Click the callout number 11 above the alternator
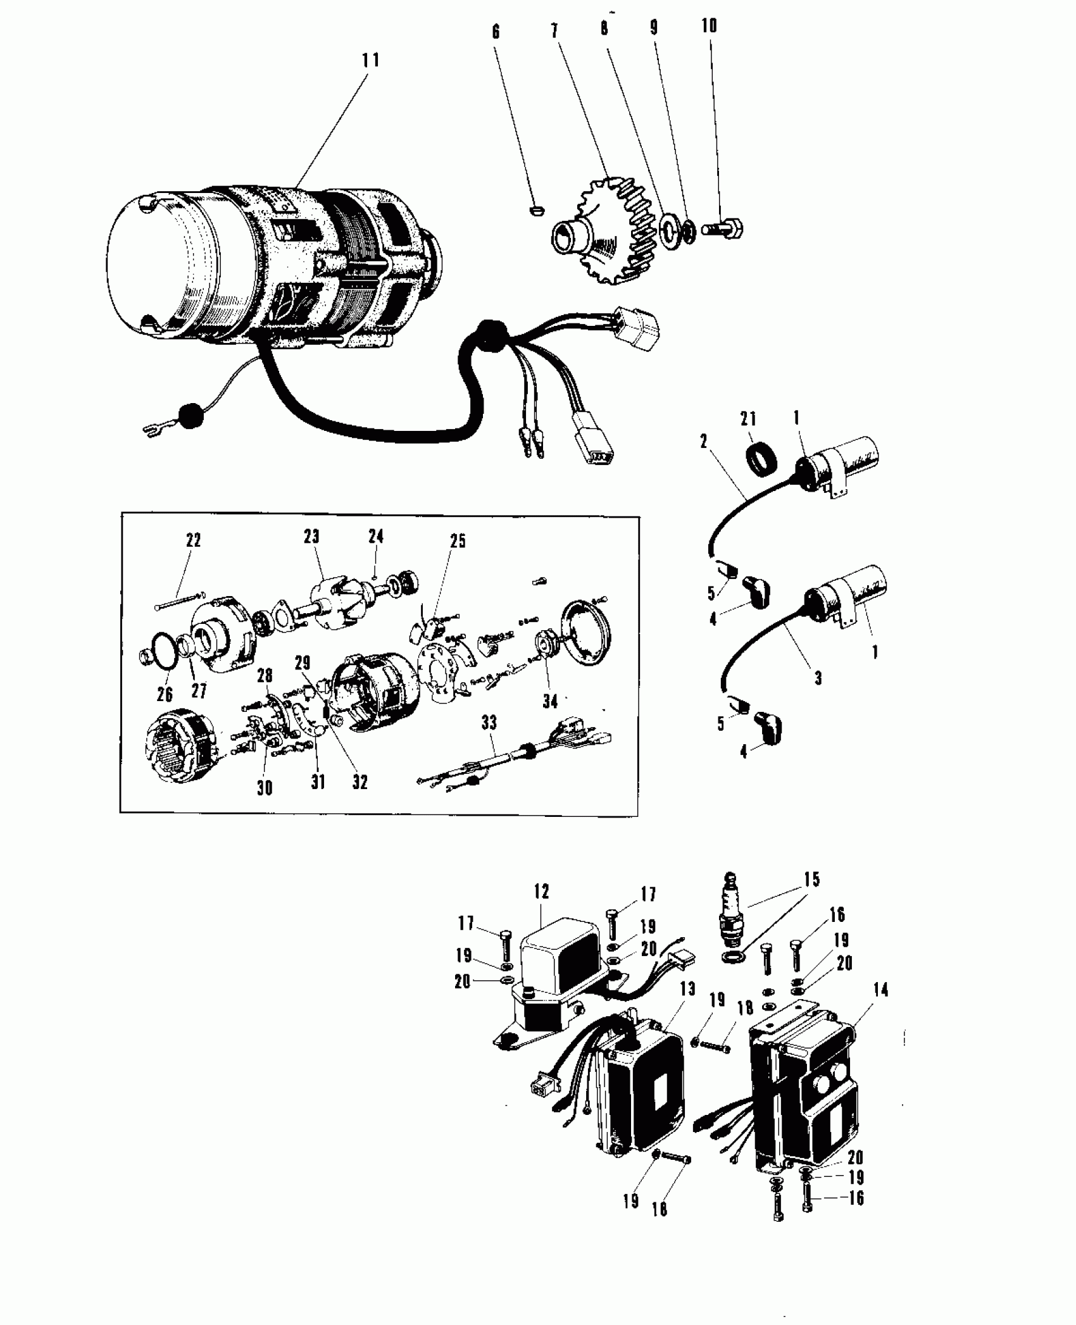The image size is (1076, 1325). pos(370,60)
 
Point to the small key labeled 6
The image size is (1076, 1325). pos(535,210)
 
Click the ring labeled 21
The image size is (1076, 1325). pos(765,457)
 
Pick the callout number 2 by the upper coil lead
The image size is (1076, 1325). pos(704,442)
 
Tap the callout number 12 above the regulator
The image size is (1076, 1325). pos(541,892)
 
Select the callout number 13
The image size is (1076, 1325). pos(687,989)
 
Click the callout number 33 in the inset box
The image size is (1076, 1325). pos(489,722)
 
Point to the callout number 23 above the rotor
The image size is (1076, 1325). pos(311,537)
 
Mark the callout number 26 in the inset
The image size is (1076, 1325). pos(165,694)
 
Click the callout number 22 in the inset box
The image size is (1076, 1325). pos(193,540)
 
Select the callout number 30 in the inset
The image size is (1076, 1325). pos(265,788)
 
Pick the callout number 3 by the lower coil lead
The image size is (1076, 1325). pos(818,678)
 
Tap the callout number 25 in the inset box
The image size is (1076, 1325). pos(458,541)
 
